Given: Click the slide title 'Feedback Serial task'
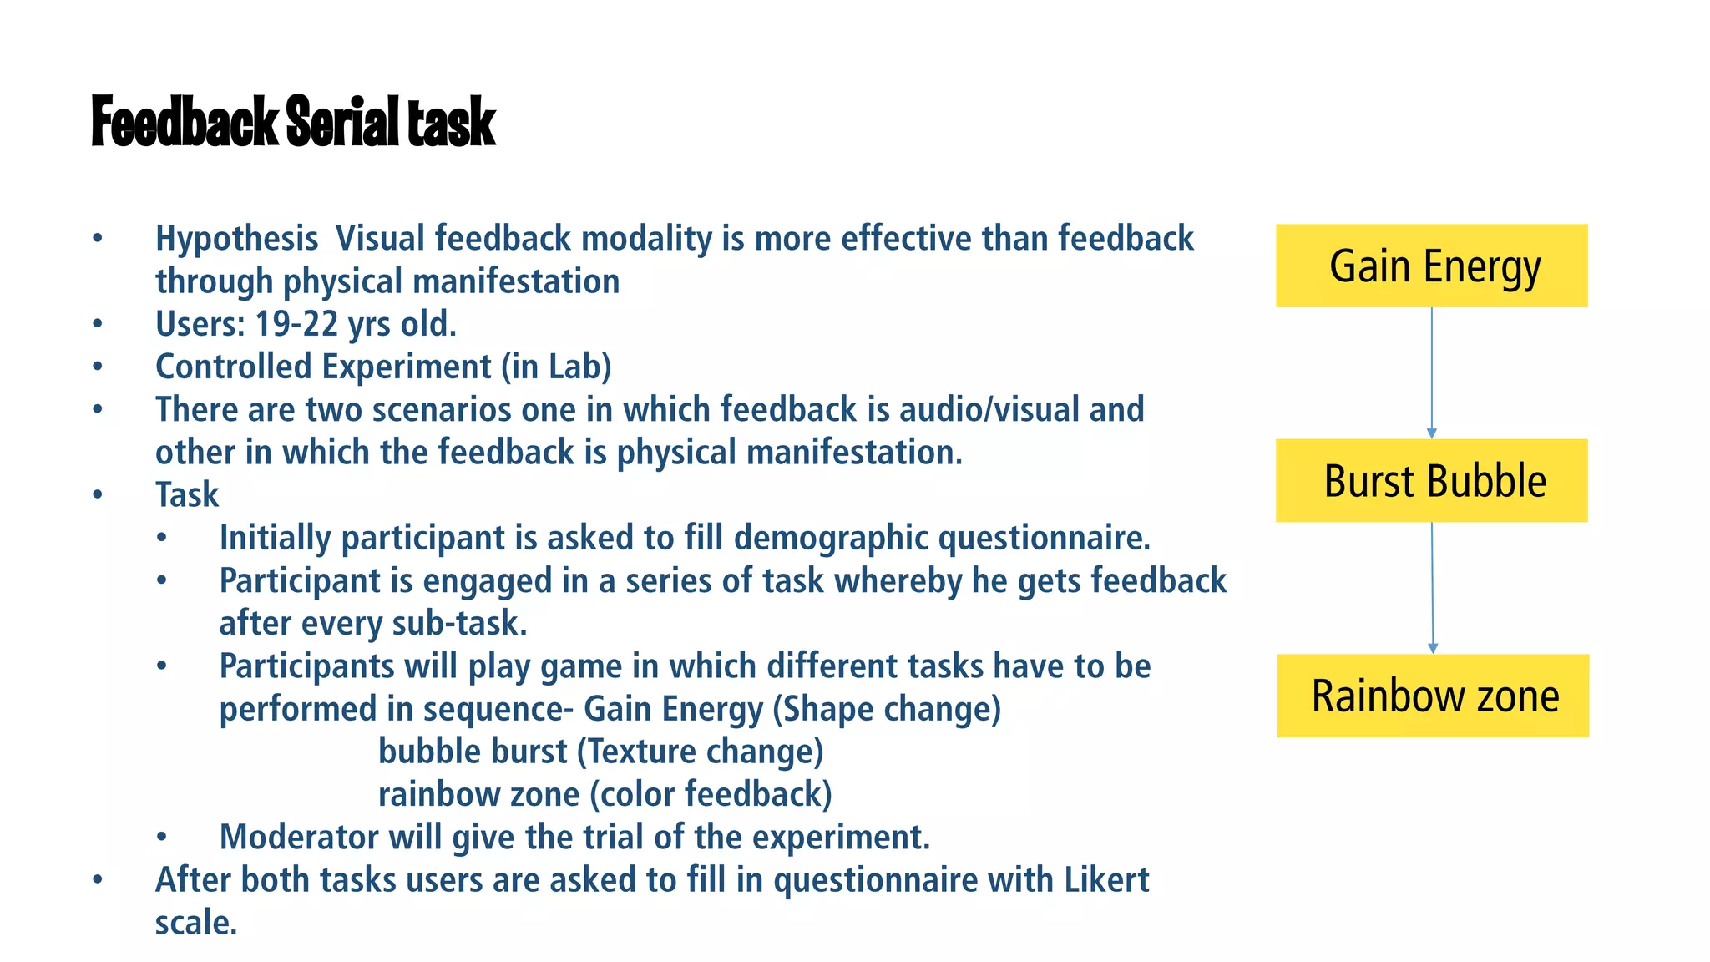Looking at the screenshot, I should [293, 122].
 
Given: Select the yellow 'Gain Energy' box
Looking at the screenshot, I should [1431, 266].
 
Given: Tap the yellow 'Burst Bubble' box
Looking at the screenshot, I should [1431, 481].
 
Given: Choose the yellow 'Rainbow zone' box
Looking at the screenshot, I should [1433, 696].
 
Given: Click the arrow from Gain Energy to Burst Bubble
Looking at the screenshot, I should [1431, 372].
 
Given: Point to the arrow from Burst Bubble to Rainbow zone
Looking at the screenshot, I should [1432, 588].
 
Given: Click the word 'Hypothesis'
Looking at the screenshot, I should [236, 239].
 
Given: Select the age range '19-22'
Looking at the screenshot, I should [296, 324].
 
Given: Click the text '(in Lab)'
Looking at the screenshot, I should [556, 367].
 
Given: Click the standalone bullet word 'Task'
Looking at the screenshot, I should [187, 495].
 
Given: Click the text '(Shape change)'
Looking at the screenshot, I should [886, 709].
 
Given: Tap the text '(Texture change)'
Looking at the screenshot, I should [700, 752].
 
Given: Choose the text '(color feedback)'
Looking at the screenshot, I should [711, 794].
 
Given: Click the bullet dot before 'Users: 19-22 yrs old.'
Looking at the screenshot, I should [98, 324].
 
